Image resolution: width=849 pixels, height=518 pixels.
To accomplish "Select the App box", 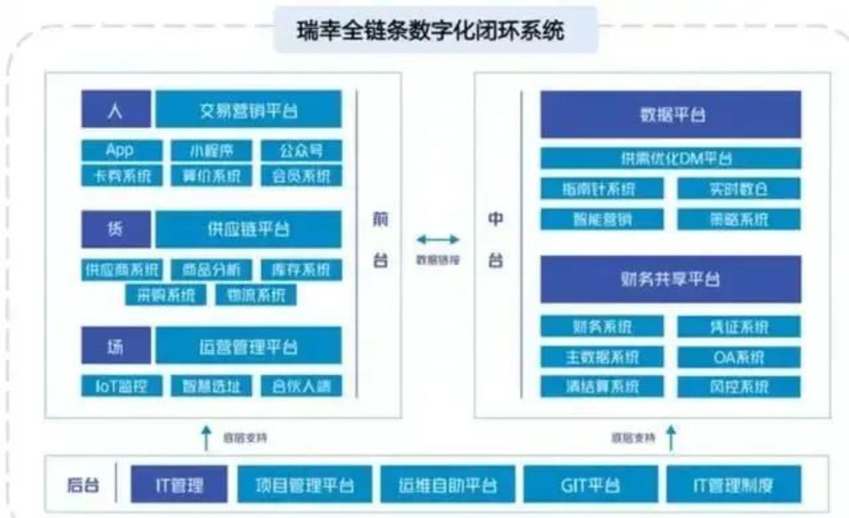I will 121,150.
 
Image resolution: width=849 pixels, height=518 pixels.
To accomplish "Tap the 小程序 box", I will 211,151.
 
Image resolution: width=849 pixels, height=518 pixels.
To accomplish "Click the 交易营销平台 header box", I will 248,110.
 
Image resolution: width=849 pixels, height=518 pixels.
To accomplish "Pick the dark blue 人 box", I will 116,110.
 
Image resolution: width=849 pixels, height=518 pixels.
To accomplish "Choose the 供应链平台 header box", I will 248,229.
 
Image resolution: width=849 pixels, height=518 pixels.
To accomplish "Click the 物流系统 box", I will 256,295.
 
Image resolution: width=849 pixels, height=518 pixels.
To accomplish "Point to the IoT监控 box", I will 121,387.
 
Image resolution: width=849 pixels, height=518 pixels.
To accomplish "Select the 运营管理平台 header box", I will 248,347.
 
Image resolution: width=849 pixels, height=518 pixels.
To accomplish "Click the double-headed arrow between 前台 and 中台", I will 438,239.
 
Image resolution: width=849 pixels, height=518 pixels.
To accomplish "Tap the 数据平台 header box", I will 671,114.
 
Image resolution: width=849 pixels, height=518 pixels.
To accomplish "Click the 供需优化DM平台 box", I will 671,159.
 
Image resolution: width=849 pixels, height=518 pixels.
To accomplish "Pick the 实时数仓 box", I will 739,189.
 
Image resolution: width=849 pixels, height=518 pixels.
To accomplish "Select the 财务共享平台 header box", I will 671,279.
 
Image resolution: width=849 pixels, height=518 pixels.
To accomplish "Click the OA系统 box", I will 739,357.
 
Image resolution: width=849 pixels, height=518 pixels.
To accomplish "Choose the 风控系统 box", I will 739,387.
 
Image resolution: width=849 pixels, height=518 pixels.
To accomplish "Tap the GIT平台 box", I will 590,485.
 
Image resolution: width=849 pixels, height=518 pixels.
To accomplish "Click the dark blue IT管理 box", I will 179,485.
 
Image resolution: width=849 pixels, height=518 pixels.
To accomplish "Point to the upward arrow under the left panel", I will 206,438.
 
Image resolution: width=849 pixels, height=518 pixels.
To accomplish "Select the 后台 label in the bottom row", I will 83,485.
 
